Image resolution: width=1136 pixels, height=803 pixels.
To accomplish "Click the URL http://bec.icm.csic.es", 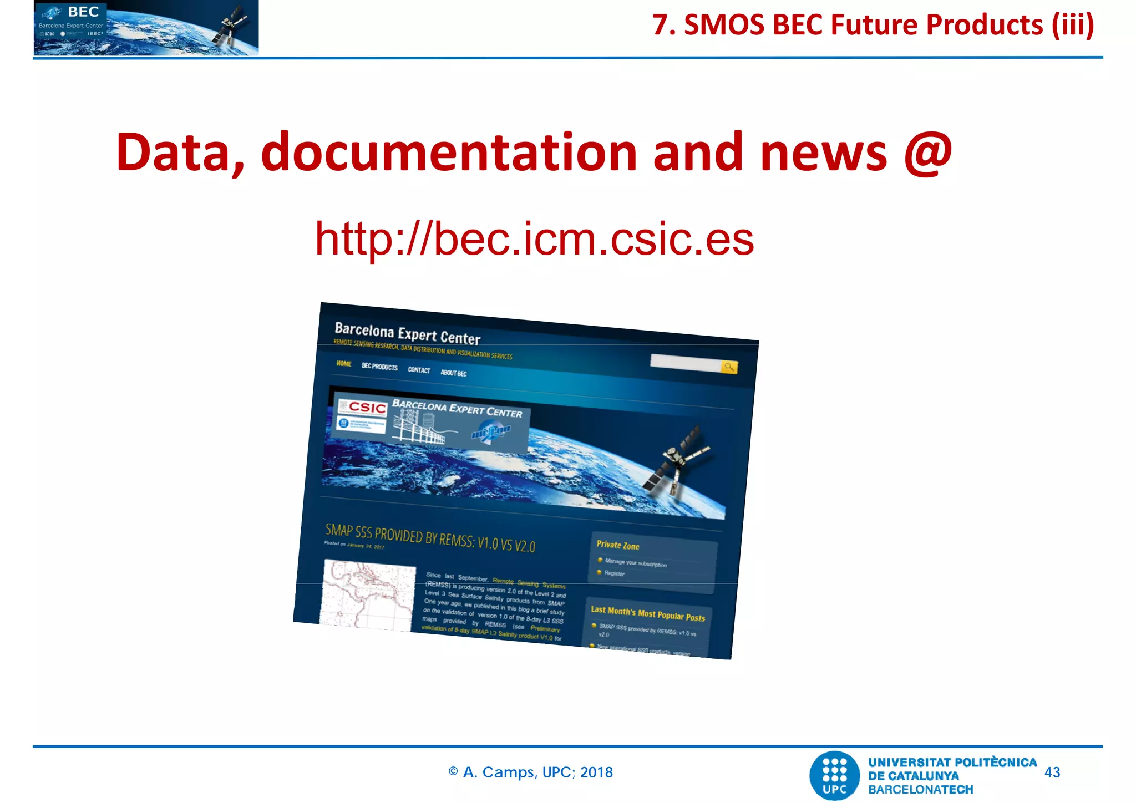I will [534, 239].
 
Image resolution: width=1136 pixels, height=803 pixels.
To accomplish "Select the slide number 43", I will [1052, 772].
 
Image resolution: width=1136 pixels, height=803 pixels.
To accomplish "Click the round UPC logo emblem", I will [835, 775].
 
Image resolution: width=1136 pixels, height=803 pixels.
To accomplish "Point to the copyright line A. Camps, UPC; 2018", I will [531, 772].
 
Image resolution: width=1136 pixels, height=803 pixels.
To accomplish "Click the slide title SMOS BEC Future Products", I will [873, 25].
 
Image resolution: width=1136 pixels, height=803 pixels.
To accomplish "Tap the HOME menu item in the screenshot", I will [344, 364].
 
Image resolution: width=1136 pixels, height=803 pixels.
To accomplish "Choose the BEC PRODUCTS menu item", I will [380, 367].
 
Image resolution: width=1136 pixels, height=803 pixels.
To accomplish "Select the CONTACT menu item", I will [419, 370].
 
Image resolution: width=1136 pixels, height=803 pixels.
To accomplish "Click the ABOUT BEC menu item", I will [454, 373].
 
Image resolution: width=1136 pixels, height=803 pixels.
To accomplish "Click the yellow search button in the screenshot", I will [729, 367].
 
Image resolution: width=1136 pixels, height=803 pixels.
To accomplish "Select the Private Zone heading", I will [618, 545].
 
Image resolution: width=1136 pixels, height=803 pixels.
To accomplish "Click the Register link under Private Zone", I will [614, 573].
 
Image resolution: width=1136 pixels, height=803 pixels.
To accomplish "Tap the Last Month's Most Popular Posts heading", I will [647, 613].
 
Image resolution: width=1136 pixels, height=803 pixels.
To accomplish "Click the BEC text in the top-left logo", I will [83, 12].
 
